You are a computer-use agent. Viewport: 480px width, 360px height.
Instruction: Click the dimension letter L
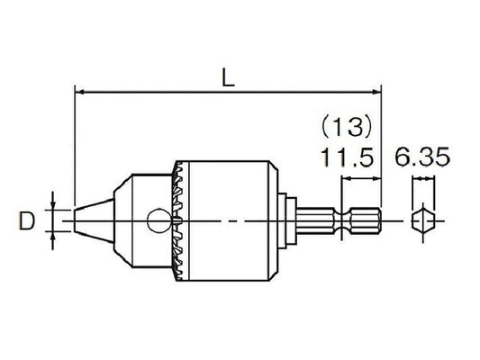(x=228, y=78)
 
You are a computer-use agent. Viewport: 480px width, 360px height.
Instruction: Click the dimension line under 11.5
(x=361, y=180)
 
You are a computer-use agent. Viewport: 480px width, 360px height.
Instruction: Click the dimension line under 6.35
(x=421, y=180)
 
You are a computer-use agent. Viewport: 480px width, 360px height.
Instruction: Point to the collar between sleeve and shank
(x=285, y=220)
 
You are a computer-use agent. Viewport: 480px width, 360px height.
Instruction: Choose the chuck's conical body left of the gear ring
(x=135, y=220)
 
